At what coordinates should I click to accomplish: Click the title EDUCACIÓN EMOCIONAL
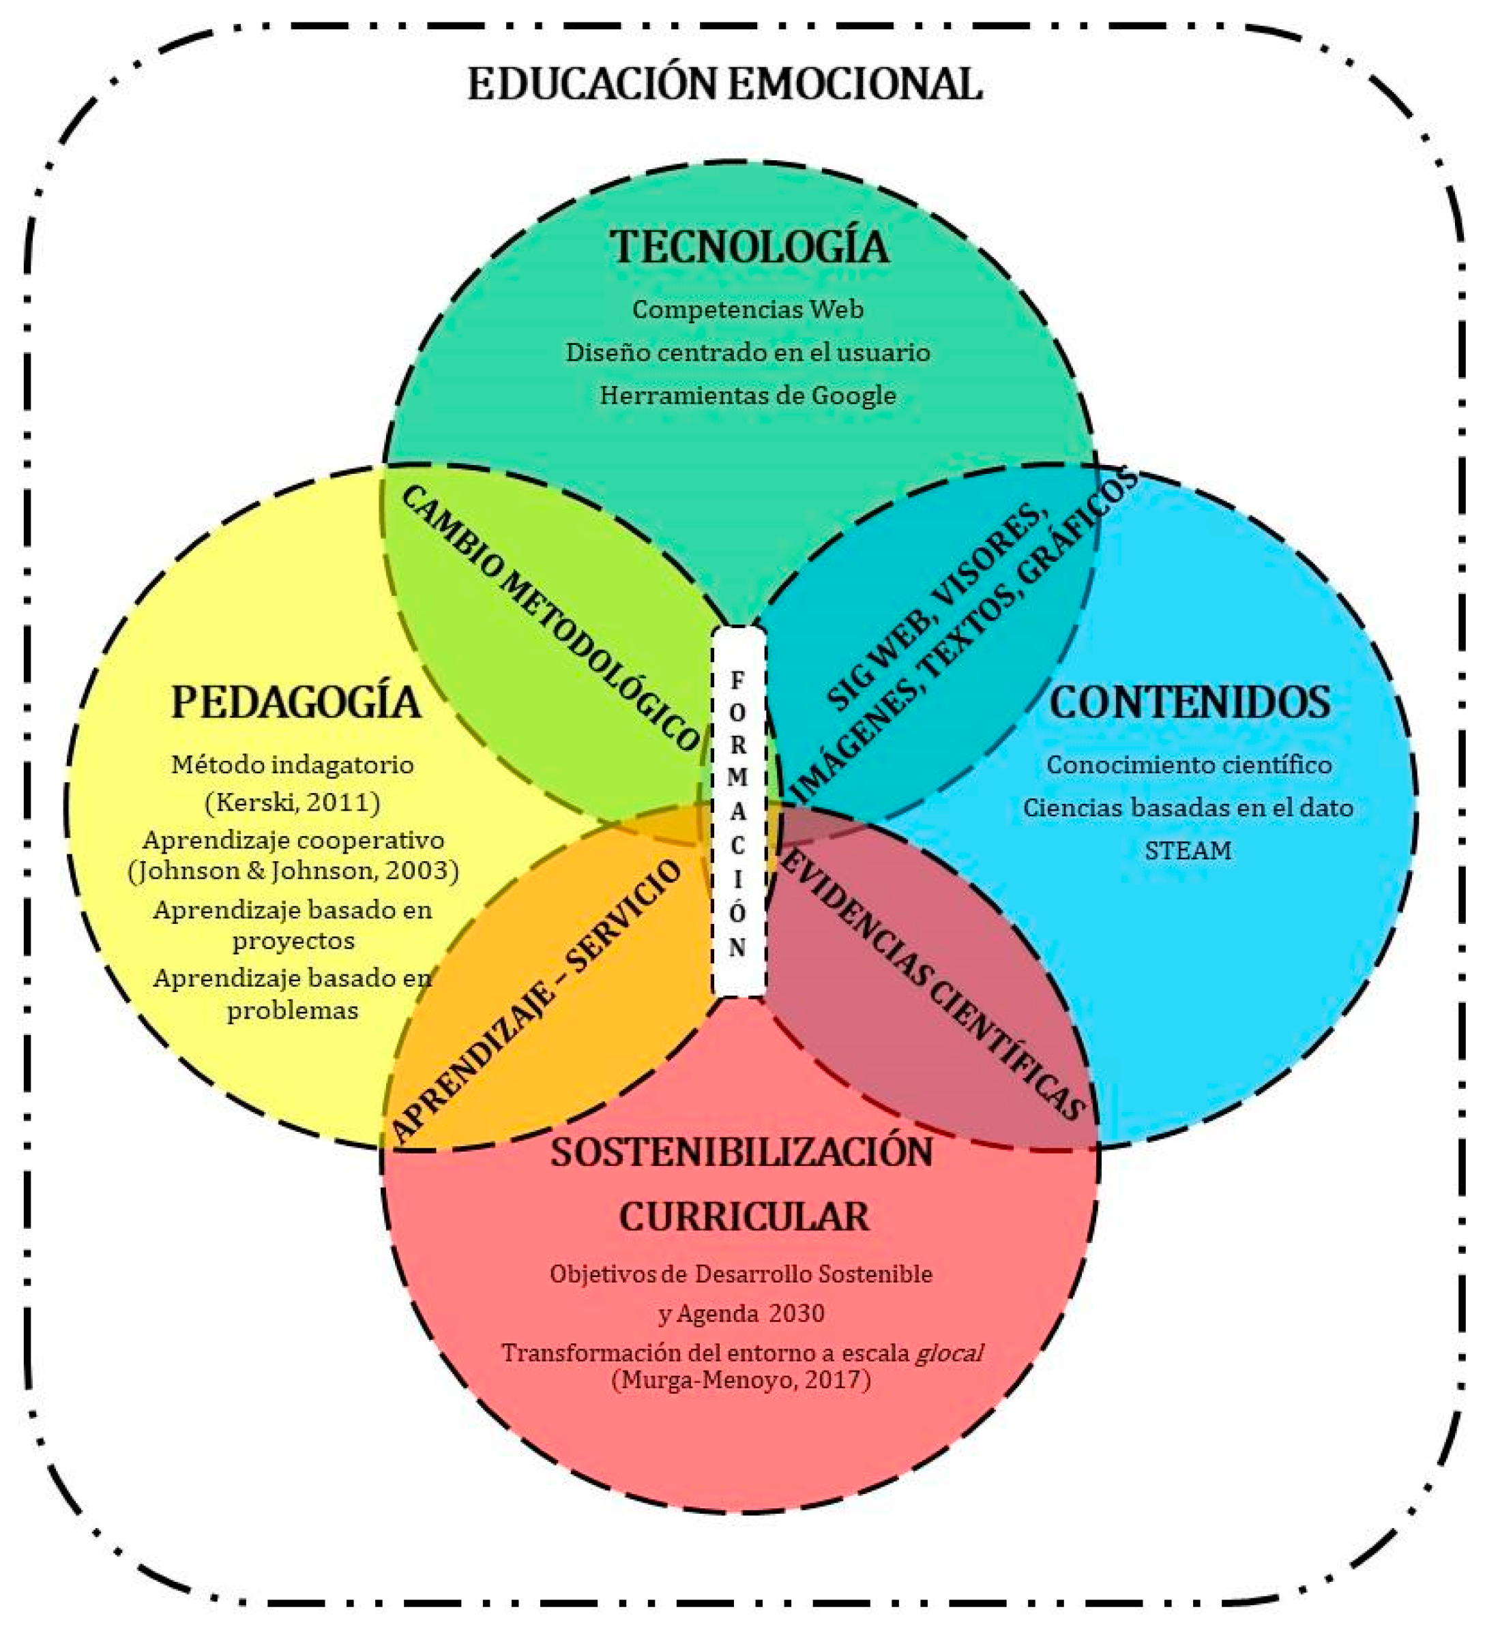coord(725,84)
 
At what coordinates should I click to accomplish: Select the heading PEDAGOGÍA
coord(295,702)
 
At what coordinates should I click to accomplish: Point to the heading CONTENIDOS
coord(1190,702)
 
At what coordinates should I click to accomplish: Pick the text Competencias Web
coord(748,309)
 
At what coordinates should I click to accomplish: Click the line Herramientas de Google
coord(748,395)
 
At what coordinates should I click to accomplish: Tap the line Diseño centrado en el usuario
coord(748,353)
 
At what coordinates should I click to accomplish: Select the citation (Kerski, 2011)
coord(293,802)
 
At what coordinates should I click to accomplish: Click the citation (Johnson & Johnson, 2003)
coord(293,871)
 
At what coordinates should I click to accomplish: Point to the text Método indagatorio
coord(293,764)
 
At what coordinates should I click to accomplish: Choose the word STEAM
coord(1188,850)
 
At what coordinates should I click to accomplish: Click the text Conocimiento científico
coord(1189,764)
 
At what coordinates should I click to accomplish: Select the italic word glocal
coord(948,1353)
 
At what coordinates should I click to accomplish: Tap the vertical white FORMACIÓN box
coord(738,813)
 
